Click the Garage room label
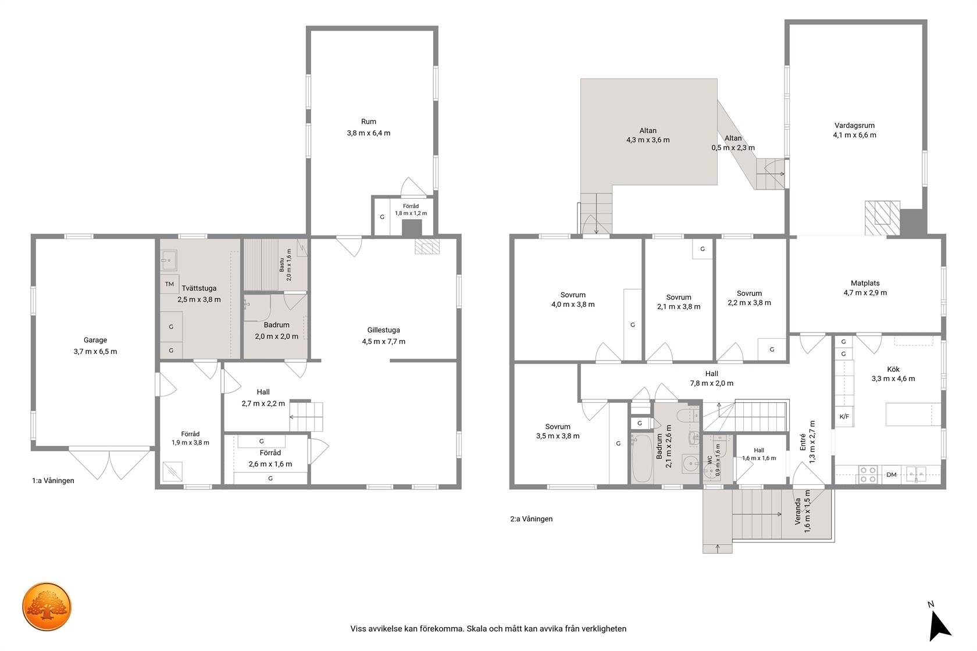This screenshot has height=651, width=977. point(95,340)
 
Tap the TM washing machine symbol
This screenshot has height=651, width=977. point(170,284)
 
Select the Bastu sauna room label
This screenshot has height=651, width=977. point(281,264)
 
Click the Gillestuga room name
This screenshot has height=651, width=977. point(383,330)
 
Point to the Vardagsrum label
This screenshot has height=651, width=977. point(854,125)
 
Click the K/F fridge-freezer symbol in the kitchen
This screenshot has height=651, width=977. point(844,416)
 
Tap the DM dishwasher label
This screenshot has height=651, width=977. point(891,474)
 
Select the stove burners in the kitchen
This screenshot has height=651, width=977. point(868,474)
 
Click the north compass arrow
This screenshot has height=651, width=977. point(939,625)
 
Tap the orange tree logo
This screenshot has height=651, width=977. point(47,606)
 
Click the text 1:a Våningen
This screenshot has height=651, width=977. point(53,481)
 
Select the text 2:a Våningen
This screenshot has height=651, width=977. point(532,519)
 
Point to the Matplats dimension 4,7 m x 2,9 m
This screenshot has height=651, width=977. point(865,292)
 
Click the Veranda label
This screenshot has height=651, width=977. point(798,511)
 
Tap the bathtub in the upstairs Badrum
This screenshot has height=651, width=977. point(642,458)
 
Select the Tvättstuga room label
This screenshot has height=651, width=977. point(199,288)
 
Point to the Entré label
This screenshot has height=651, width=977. point(803,442)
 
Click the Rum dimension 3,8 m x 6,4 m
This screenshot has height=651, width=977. point(369,133)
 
